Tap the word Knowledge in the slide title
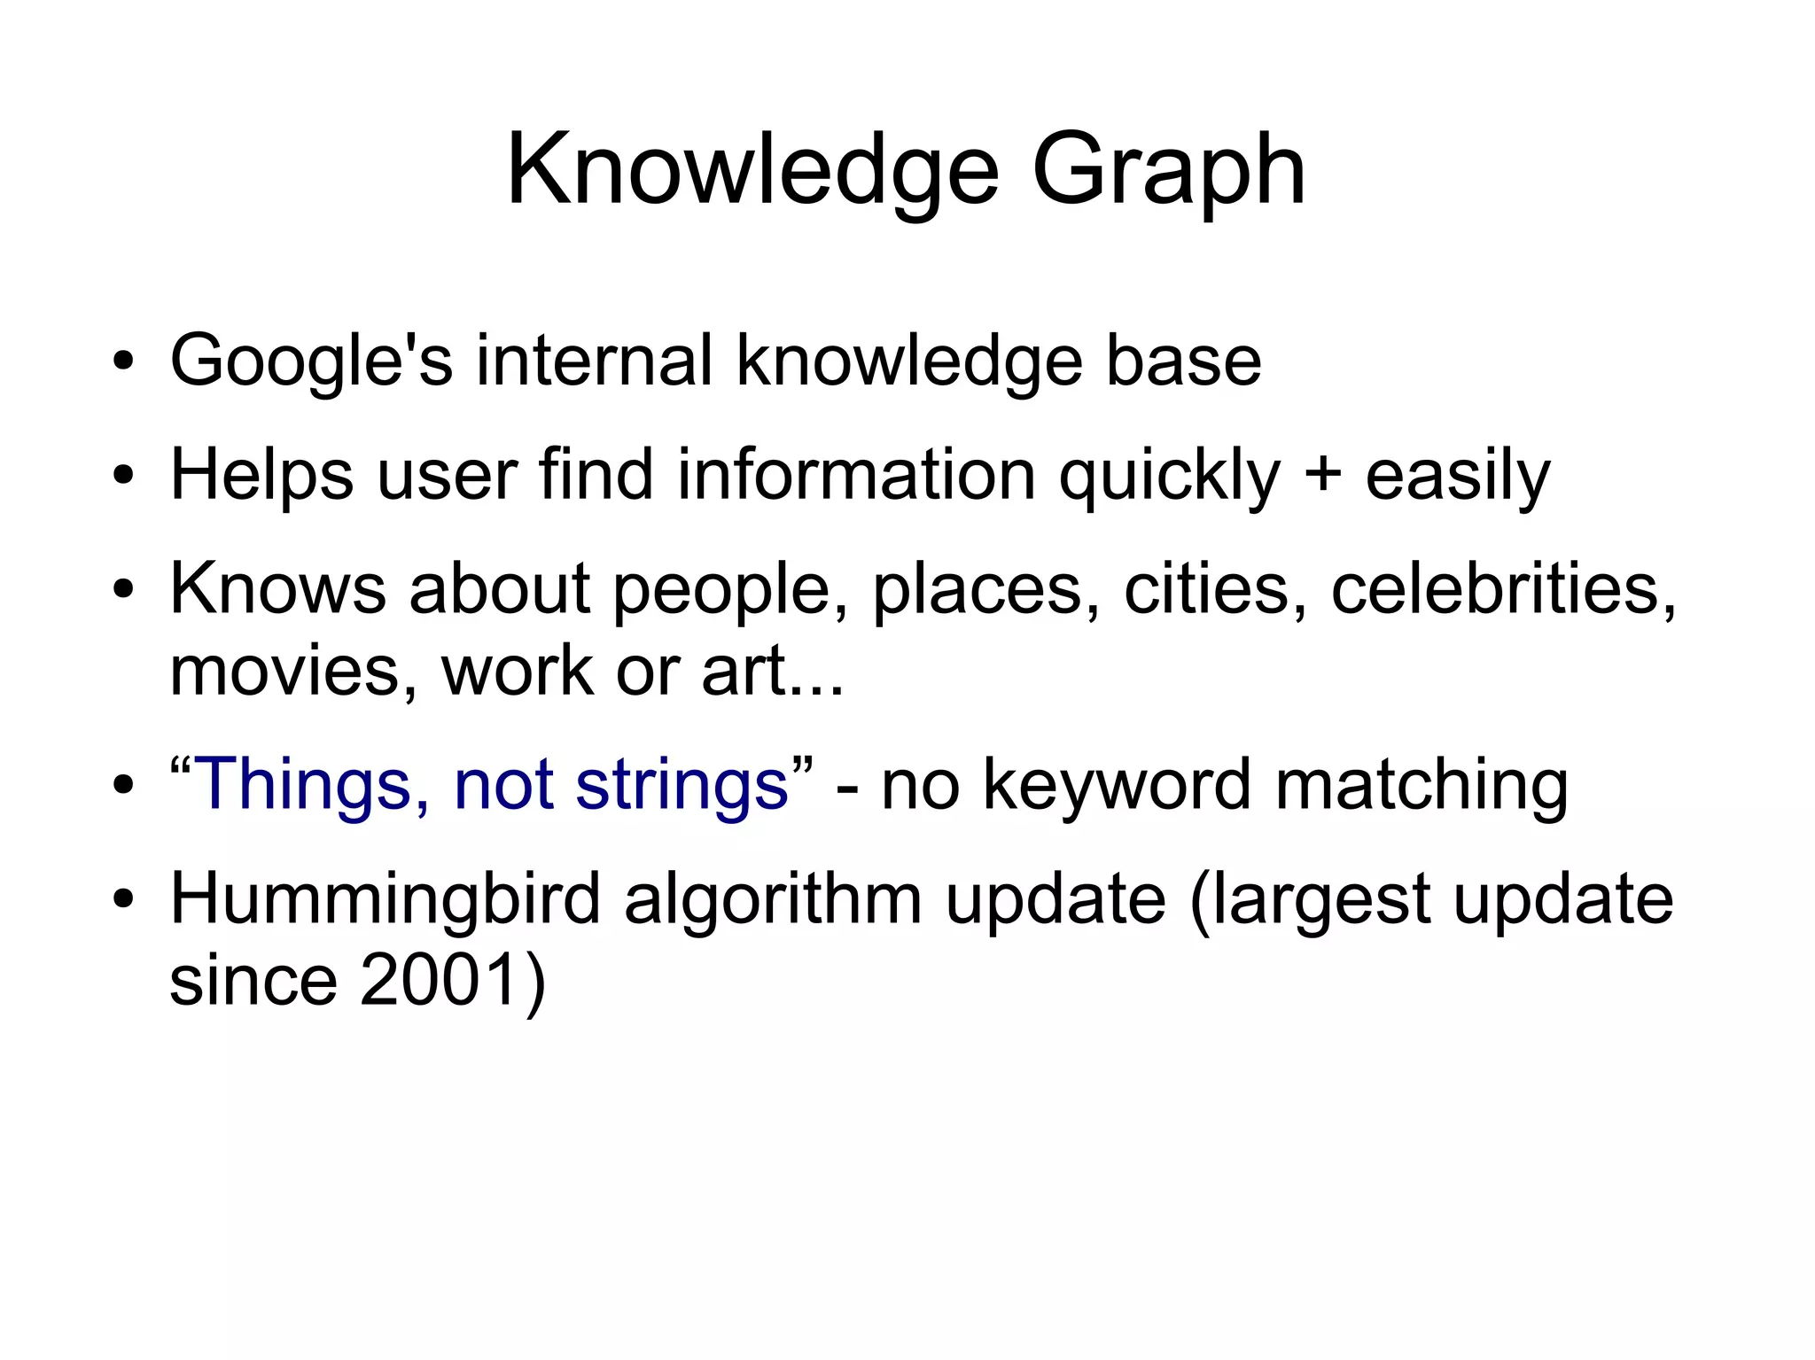click(x=752, y=170)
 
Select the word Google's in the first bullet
click(x=311, y=361)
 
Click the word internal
click(x=594, y=361)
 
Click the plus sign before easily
click(x=1323, y=476)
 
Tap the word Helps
click(x=261, y=476)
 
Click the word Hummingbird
click(x=385, y=899)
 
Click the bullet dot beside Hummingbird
click(x=123, y=899)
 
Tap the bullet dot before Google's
click(x=123, y=361)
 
